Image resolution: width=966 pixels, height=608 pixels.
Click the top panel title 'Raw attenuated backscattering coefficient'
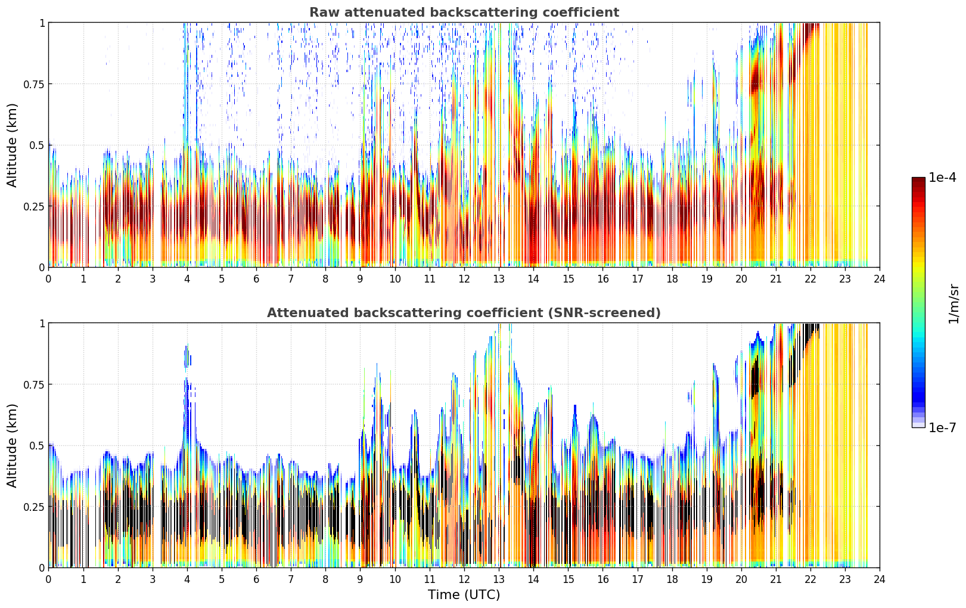coord(464,13)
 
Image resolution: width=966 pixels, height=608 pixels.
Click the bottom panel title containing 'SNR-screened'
coord(464,312)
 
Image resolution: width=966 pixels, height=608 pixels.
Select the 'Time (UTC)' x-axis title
coord(464,595)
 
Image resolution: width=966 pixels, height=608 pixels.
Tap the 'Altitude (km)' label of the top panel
coord(12,145)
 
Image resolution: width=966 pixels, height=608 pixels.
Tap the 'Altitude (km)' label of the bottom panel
coord(12,445)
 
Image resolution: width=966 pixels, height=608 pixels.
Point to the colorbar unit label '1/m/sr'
coord(953,303)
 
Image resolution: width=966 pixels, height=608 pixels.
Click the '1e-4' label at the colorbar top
coord(942,178)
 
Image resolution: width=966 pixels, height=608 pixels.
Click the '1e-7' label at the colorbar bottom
coord(942,428)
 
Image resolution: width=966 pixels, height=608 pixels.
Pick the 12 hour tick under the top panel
coord(464,278)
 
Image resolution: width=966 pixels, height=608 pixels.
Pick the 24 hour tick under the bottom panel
coord(880,579)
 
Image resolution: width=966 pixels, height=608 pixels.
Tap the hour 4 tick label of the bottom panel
coord(187,579)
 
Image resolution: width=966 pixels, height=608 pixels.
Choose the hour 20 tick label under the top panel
coord(741,278)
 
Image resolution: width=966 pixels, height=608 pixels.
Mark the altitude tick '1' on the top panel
coord(42,23)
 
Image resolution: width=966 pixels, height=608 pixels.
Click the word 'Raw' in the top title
coord(325,13)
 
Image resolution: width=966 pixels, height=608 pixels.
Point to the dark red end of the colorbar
coord(918,180)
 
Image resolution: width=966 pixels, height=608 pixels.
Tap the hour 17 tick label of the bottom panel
coord(638,579)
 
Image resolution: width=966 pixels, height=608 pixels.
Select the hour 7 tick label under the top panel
coord(291,278)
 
